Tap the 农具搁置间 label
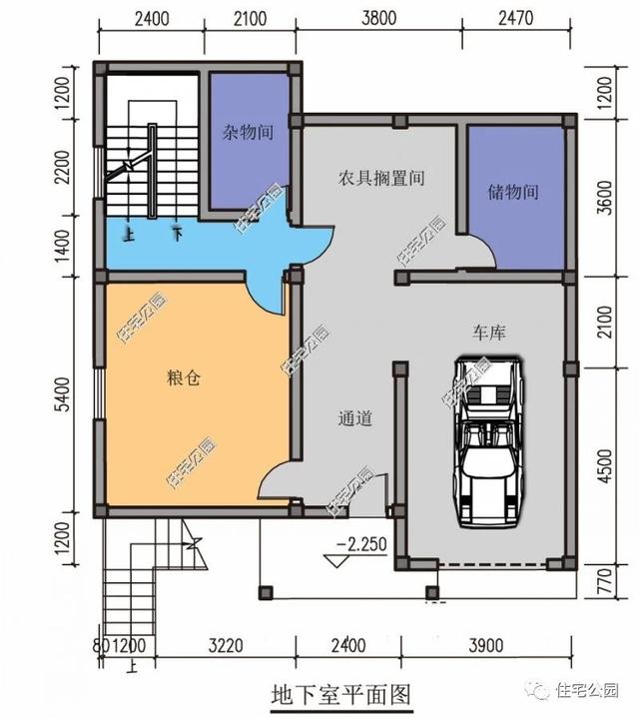[x=380, y=179]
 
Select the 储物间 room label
[x=513, y=192]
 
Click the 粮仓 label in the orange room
[x=184, y=379]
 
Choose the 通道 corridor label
[x=354, y=419]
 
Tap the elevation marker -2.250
[x=360, y=544]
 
